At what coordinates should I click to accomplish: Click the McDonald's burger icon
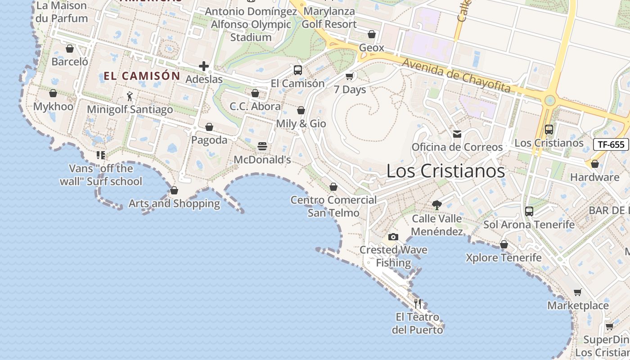pos(262,146)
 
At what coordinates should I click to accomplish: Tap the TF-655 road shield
pos(611,144)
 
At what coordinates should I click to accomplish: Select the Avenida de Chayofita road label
pos(456,75)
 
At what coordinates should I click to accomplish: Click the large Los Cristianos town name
pos(445,171)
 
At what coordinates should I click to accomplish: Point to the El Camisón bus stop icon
pos(297,70)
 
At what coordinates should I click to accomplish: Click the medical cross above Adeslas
pos(204,67)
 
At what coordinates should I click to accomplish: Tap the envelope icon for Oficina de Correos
pos(457,134)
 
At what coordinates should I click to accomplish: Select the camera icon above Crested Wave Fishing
pos(393,237)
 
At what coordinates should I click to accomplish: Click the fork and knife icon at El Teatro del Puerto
pos(418,304)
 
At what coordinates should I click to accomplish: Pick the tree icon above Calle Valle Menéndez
pos(436,206)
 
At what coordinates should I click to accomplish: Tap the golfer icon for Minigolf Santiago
pos(130,96)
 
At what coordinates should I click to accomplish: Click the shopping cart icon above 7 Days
pos(350,76)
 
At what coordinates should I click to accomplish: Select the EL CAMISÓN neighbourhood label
pos(142,76)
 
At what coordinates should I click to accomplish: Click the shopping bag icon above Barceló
pos(70,49)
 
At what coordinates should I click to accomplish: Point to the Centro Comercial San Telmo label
pos(333,206)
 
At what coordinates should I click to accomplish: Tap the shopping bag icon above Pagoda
pos(209,127)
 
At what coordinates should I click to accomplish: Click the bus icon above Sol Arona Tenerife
pos(529,211)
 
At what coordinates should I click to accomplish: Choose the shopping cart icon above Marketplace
pos(578,292)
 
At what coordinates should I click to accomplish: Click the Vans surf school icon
pos(101,155)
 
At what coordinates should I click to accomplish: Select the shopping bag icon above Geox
pos(372,34)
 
